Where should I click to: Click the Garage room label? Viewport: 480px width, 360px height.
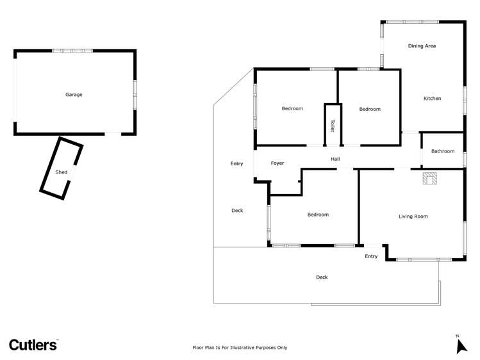[x=74, y=95]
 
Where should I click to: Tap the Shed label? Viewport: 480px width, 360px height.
[x=62, y=172]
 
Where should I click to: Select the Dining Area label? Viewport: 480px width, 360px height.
[x=422, y=46]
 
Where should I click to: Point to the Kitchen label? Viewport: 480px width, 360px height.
[x=433, y=99]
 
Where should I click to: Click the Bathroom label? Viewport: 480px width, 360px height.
[x=442, y=152]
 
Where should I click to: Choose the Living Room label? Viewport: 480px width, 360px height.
[x=413, y=217]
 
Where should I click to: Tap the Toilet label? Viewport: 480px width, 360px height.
[x=333, y=124]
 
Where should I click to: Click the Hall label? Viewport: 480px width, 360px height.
[x=335, y=159]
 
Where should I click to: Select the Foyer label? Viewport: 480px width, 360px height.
[x=277, y=163]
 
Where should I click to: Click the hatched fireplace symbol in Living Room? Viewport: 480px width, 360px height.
[x=429, y=179]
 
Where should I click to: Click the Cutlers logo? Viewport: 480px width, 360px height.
[x=33, y=345]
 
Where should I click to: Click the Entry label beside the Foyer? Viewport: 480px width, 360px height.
[x=236, y=164]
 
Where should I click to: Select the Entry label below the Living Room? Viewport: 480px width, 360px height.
[x=371, y=257]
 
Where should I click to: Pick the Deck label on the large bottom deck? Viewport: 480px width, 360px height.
[x=322, y=277]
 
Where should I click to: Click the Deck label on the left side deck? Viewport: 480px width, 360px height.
[x=237, y=211]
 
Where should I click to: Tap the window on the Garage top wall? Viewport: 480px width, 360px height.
[x=72, y=50]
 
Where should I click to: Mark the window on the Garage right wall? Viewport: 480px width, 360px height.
[x=135, y=88]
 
